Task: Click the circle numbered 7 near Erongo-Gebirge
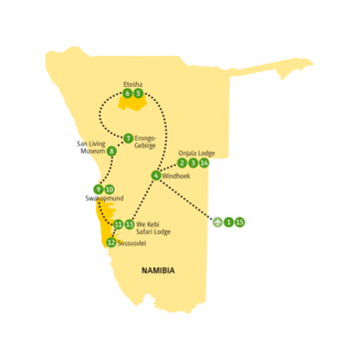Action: click(x=128, y=138)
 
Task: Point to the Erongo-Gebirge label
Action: click(x=150, y=141)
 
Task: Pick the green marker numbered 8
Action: click(x=112, y=152)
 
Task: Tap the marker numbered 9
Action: click(x=97, y=188)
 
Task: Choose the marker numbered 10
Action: click(x=109, y=188)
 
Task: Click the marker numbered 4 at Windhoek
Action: click(x=157, y=176)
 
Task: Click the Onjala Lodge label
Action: click(x=193, y=153)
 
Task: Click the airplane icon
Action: click(x=216, y=221)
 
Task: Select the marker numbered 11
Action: click(x=118, y=223)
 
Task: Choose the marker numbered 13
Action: click(x=130, y=223)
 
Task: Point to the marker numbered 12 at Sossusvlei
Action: click(x=111, y=241)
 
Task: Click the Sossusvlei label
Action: click(x=135, y=242)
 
